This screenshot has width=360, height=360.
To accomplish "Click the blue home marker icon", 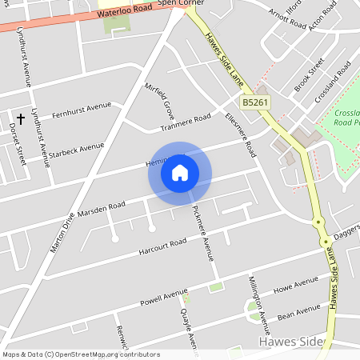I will coord(180,173).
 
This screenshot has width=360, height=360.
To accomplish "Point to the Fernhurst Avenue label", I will coord(81,108).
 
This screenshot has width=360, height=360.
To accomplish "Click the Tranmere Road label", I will coord(185,122).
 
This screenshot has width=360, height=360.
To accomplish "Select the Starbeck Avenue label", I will coord(76,150).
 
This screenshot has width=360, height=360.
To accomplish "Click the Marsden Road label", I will coord(102,209).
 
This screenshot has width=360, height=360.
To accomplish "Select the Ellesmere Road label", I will coord(240,132).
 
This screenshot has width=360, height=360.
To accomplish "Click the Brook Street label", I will coord(309,74).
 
